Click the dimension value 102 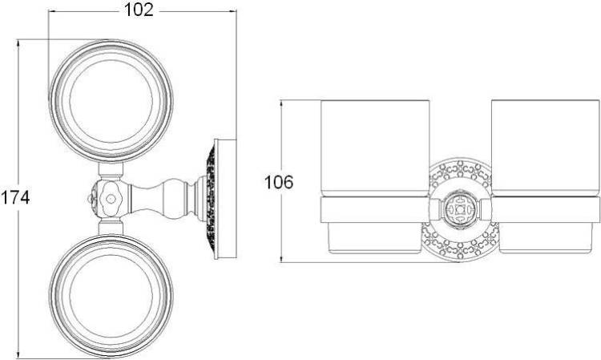tap(139, 10)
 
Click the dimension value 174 tap(15, 198)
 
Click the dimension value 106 tap(279, 182)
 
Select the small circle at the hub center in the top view tap(111, 199)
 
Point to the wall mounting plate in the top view tap(225, 199)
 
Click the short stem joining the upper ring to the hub tap(111, 169)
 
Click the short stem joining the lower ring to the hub tap(111, 228)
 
